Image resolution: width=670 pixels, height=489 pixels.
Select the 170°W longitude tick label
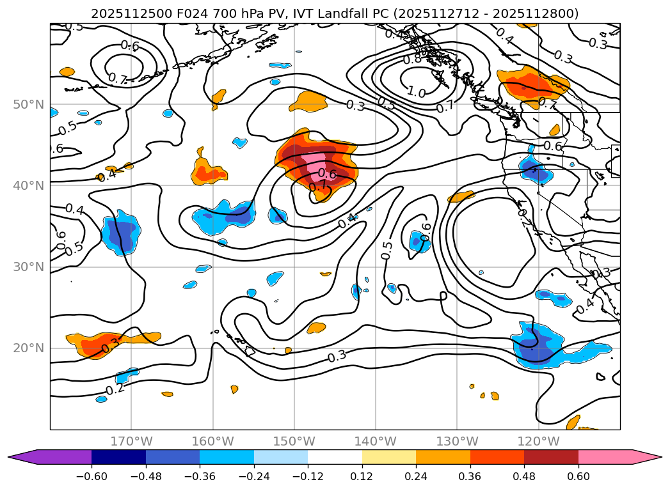(x=131, y=441)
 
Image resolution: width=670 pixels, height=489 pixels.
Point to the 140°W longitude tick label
(x=376, y=441)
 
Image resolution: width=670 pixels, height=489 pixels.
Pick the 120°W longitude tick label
(x=538, y=441)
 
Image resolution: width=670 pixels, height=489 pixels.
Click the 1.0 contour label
(x=416, y=93)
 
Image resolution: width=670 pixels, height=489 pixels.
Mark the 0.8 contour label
(x=412, y=59)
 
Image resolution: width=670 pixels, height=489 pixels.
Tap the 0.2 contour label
(x=115, y=389)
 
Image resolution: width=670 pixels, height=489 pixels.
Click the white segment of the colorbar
(x=335, y=457)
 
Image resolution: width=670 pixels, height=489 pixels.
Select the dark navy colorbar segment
(x=118, y=457)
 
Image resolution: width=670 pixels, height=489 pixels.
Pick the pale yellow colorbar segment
(x=389, y=457)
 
